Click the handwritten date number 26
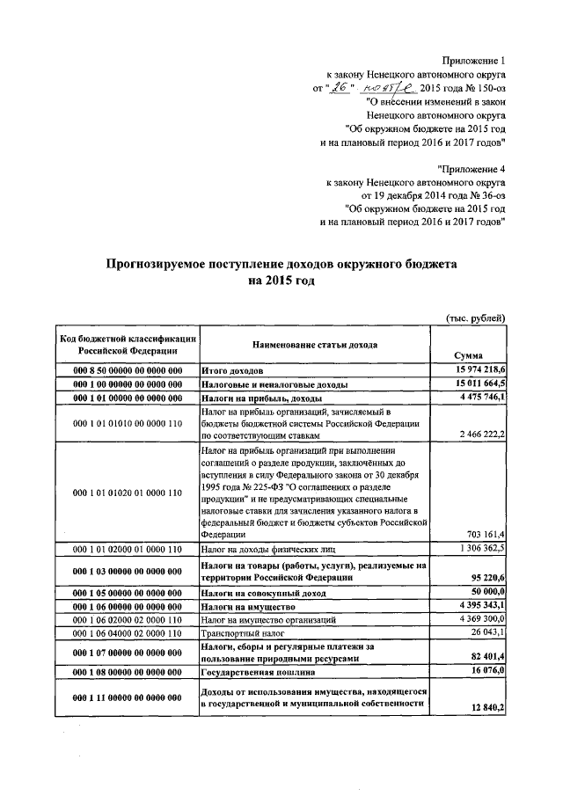click(x=338, y=89)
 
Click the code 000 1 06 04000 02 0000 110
click(x=128, y=632)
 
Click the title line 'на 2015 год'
click(x=281, y=281)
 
